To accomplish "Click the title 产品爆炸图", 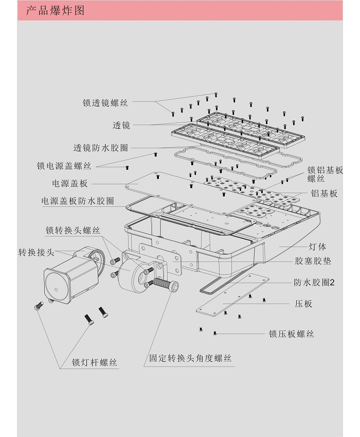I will [55, 11].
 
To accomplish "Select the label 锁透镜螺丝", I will [105, 102].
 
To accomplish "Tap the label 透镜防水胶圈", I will [100, 148].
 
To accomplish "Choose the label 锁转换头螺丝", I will [73, 230].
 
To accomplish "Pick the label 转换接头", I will [36, 252].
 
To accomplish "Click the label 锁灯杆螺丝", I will [95, 362].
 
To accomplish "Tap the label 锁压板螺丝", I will [291, 334].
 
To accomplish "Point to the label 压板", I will [303, 304].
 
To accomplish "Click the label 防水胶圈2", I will [314, 282].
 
